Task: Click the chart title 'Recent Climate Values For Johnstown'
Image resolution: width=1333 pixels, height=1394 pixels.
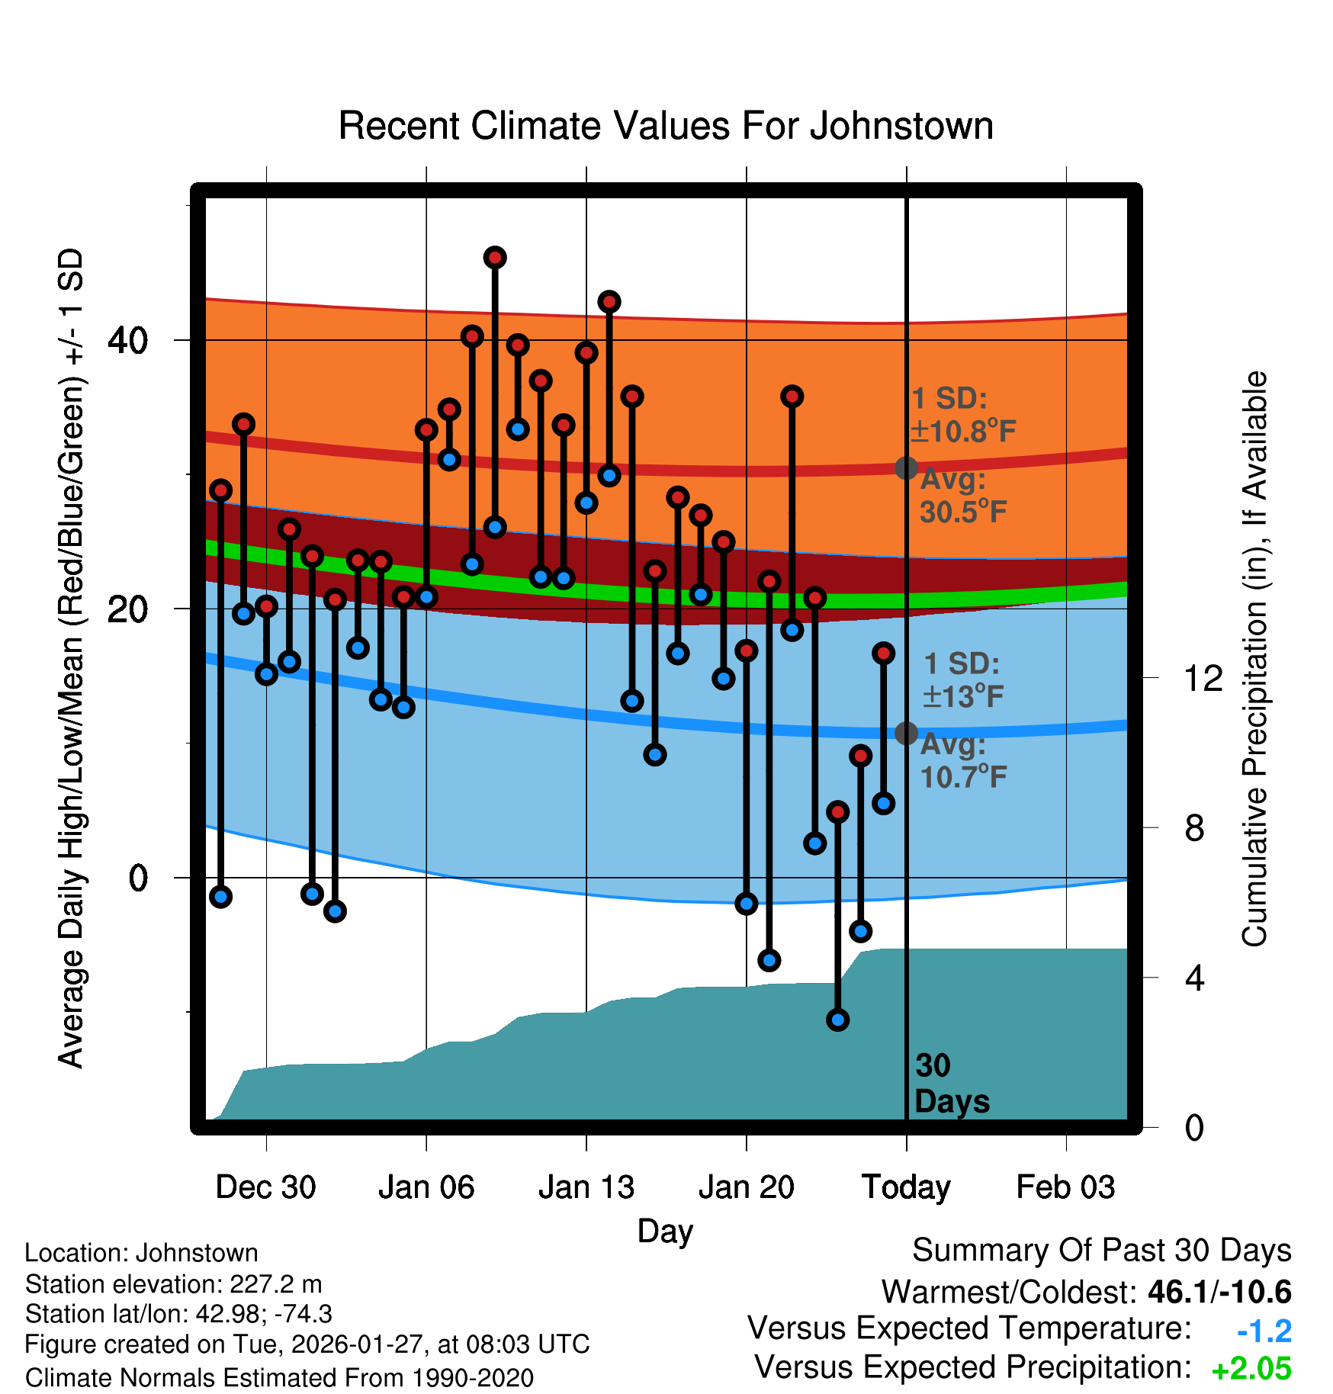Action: pos(666,126)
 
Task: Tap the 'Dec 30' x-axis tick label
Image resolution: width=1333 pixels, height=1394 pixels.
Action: pos(265,1187)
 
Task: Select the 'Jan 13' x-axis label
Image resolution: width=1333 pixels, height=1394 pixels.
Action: pos(586,1187)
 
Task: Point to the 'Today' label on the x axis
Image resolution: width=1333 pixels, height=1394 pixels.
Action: pos(906,1187)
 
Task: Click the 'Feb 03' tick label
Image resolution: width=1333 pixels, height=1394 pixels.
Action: pos(1065,1187)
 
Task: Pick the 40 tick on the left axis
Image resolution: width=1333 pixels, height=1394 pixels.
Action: pos(127,340)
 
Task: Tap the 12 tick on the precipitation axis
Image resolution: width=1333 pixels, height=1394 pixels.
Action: pos(1203,678)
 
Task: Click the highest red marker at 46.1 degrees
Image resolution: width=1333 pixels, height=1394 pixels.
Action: pos(495,258)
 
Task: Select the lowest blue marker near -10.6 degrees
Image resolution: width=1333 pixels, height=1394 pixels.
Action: pos(837,1020)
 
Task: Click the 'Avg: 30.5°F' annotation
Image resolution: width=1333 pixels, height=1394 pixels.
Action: pos(962,496)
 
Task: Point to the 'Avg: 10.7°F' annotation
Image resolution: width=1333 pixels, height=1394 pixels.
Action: pos(962,760)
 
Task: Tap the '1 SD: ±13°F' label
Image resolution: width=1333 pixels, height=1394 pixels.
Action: pos(962,679)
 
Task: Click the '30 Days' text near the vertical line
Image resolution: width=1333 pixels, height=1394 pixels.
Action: pos(951,1084)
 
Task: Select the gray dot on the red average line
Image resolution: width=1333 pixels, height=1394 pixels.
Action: pos(906,467)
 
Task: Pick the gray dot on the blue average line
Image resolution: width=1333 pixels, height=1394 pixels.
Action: pos(906,733)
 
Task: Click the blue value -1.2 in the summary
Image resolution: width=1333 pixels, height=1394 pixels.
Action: pos(1264,1331)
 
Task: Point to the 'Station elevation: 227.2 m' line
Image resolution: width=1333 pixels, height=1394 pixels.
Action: pos(173,1284)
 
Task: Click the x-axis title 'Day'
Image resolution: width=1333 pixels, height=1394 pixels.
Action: pos(665,1231)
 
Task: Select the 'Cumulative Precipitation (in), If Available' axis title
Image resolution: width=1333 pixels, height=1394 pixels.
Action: pos(1254,659)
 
